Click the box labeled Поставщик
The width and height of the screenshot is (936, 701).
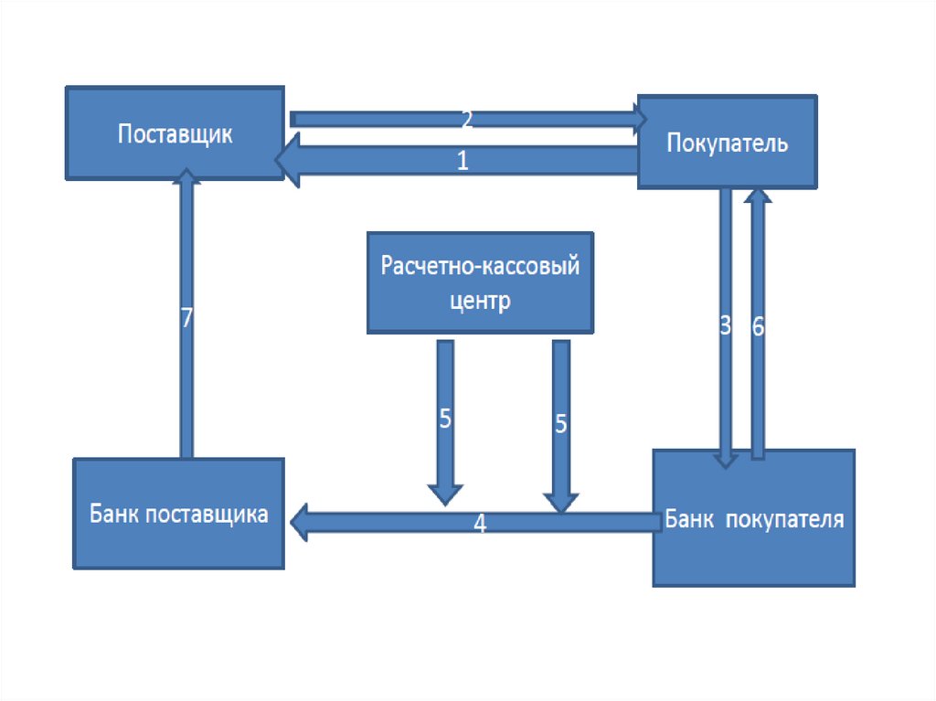175,133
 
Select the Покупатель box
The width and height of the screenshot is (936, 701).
727,143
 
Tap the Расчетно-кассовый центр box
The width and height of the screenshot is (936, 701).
480,281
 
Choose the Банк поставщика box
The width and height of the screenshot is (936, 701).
178,514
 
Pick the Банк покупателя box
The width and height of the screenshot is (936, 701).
753,518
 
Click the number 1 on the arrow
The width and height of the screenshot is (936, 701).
463,162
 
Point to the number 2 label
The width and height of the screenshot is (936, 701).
466,119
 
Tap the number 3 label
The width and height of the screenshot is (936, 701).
726,326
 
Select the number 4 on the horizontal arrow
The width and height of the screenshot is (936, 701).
480,524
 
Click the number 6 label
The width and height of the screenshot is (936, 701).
758,326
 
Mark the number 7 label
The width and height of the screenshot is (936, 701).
186,318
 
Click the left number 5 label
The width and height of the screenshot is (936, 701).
445,419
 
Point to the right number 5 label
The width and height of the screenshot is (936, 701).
561,423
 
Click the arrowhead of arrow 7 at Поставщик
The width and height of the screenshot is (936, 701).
186,176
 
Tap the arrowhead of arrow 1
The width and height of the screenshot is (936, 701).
289,161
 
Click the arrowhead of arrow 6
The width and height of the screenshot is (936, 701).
758,196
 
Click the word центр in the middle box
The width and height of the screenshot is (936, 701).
480,302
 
